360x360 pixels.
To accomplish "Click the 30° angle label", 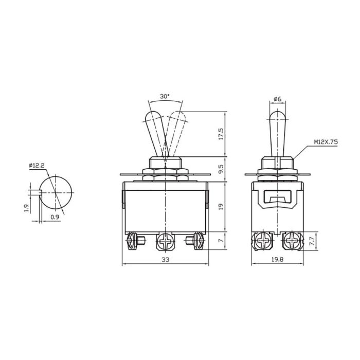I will (x=164, y=96).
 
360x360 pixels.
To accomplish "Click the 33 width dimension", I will (x=165, y=260).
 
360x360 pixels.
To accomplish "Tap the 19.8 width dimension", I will (x=278, y=260).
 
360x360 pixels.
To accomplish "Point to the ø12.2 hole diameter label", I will (x=37, y=165).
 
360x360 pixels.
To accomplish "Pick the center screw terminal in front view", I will (x=165, y=240).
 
